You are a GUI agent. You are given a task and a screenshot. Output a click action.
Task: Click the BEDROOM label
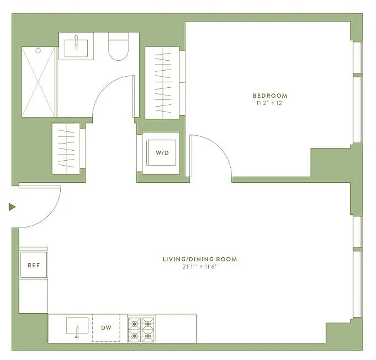[x=269, y=95]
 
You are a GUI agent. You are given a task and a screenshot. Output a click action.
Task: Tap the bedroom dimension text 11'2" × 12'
[x=269, y=103]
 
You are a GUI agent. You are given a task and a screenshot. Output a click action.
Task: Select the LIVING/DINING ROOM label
[x=200, y=259]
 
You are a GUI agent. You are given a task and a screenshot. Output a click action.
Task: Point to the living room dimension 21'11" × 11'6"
[x=200, y=267]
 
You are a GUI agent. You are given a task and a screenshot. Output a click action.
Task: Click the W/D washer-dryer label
[x=162, y=153]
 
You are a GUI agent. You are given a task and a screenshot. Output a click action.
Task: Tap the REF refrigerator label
[x=34, y=265]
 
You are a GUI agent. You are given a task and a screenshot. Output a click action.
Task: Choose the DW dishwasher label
[x=106, y=328]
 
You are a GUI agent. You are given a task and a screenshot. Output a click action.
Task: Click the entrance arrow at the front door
[x=12, y=207]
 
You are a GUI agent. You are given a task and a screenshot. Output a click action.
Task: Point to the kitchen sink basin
[x=77, y=325]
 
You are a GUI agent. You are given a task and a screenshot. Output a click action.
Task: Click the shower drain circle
[x=39, y=50]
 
